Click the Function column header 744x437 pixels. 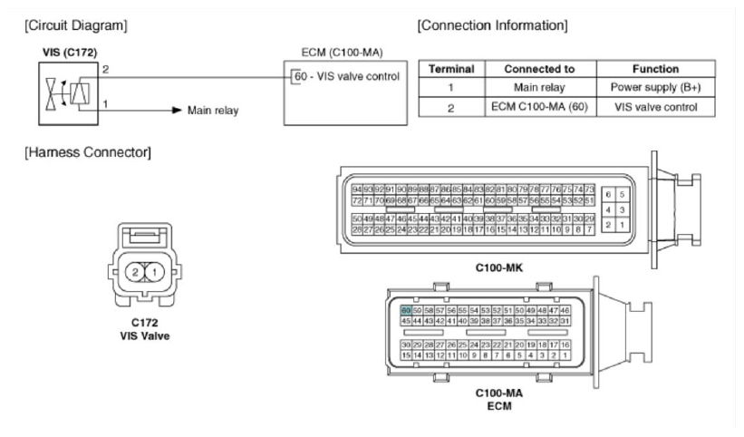point(656,69)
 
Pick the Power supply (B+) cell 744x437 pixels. point(656,88)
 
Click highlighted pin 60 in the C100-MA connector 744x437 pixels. point(406,309)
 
